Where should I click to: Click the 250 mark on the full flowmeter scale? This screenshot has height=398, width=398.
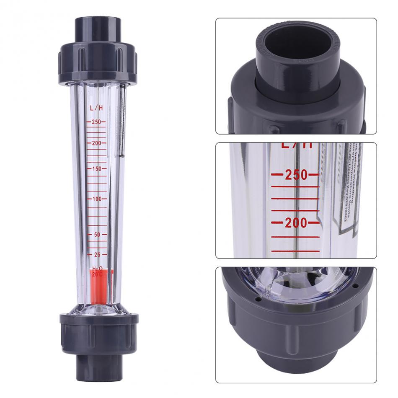coord(96,122)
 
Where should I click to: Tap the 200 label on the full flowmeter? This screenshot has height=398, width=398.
coord(96,143)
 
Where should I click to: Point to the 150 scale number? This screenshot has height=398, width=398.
coord(96,169)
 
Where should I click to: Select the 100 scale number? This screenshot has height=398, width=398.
coord(96,199)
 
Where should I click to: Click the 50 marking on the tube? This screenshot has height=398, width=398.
coord(97,235)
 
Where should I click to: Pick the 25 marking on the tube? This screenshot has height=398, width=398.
coord(97,255)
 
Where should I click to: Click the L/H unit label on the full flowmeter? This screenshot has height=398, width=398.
coord(96,108)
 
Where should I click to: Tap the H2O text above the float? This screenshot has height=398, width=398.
coord(97,268)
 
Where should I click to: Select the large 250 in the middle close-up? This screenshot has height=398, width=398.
coord(296,175)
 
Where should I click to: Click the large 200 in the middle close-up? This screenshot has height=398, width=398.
coord(296,223)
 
